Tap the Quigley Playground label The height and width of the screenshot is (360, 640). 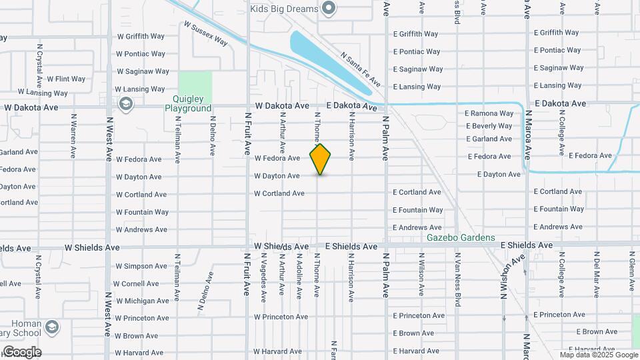(188, 103)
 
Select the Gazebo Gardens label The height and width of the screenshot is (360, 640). (461, 238)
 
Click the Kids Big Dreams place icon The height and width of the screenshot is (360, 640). (328, 9)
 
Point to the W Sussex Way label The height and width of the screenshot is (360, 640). (206, 33)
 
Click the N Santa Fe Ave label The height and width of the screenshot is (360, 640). (360, 69)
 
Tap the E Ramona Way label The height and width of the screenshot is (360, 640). (489, 113)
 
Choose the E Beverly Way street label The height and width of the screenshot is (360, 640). (489, 126)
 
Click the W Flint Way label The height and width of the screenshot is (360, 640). (66, 79)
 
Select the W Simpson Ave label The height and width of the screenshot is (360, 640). (141, 266)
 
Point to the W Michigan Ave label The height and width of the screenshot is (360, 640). (142, 301)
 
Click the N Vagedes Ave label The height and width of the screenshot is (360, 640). (265, 275)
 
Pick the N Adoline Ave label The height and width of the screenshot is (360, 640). (299, 275)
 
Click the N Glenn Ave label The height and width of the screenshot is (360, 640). (631, 273)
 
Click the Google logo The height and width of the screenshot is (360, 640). (21, 352)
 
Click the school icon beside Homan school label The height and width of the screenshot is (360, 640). (52, 327)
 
